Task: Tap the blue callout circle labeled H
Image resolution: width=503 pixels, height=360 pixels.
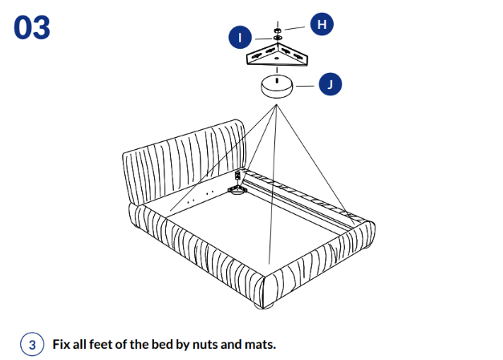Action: (322, 25)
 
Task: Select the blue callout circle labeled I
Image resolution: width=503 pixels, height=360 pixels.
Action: (239, 36)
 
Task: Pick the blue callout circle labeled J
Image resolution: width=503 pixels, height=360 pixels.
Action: (331, 83)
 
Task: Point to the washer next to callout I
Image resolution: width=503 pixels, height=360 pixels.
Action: (277, 38)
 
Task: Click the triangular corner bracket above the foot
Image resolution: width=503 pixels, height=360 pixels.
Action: (276, 55)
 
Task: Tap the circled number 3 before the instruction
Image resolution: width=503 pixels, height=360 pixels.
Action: (31, 345)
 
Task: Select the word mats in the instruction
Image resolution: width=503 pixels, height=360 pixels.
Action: (259, 345)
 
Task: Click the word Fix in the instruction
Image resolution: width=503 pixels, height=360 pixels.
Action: (61, 345)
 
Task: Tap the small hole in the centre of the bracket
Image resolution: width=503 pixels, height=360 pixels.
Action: (276, 59)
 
